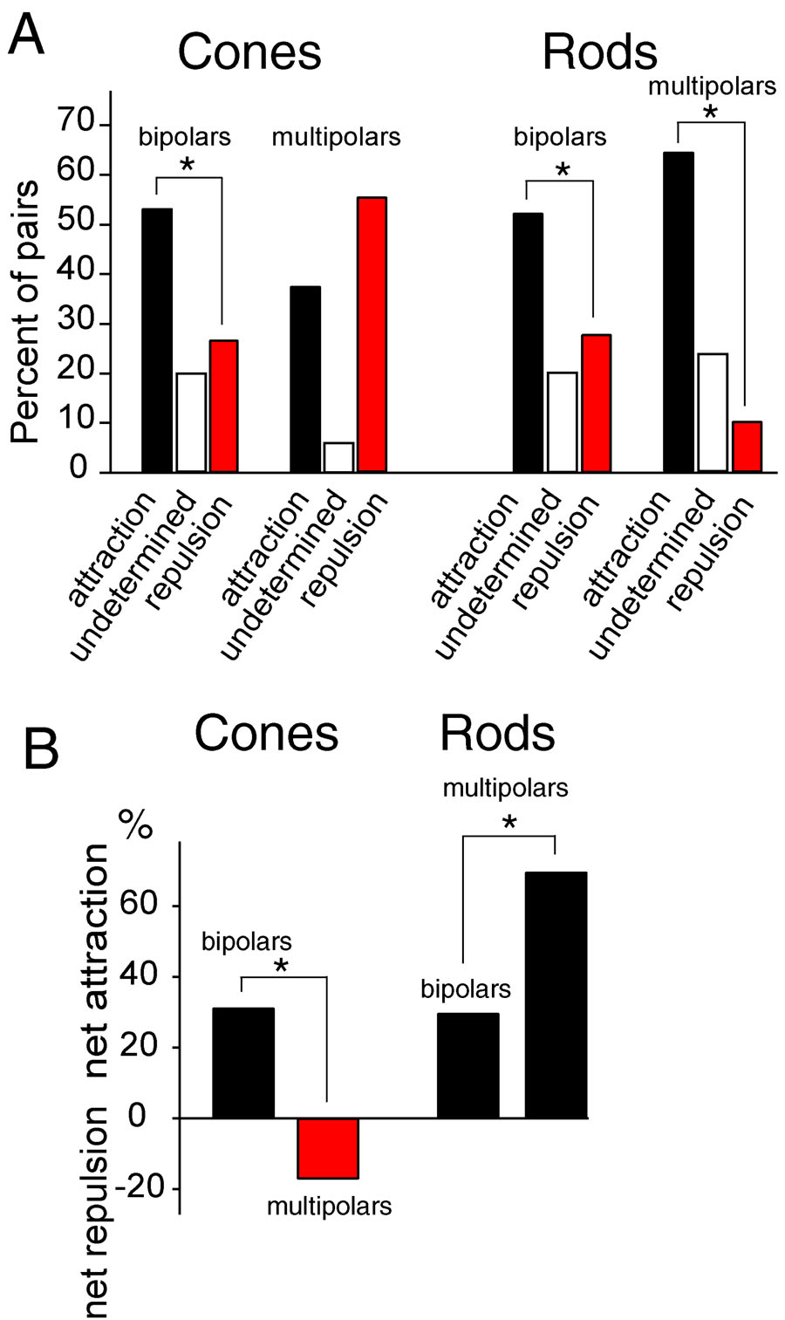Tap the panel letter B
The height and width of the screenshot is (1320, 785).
coord(39,749)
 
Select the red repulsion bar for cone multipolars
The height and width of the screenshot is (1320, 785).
coord(372,335)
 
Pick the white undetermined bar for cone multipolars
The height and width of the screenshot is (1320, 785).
coord(338,457)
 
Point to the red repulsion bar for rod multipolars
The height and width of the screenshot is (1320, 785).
coord(747,447)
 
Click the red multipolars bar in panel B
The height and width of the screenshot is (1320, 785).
coord(328,1147)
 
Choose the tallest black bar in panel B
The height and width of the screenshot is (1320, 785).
coord(556,995)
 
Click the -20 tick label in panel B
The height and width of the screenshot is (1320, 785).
coord(147,1189)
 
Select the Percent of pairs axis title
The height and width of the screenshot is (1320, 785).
coord(27,311)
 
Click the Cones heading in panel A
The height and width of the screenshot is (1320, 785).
coord(249,52)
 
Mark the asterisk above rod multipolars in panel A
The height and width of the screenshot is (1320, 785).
coord(711,112)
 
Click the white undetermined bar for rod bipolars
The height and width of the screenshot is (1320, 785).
coord(563,422)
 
